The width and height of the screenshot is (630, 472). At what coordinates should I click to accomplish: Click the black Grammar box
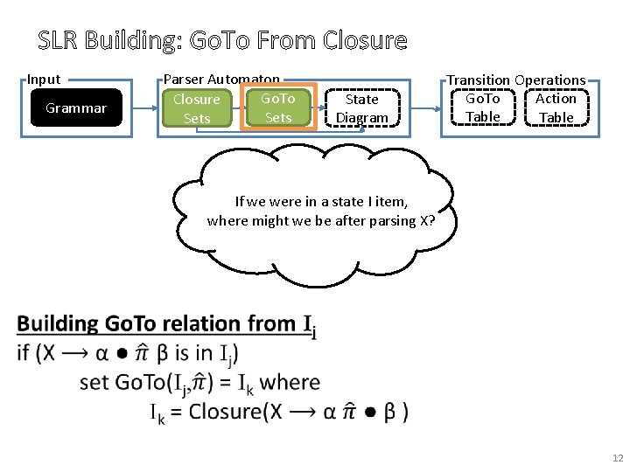pos(76,108)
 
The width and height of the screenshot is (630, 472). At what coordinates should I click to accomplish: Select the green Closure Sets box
pos(197,108)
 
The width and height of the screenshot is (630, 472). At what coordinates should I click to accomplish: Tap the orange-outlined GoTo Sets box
pos(277,108)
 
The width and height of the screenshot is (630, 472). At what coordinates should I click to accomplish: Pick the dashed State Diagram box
pos(361,108)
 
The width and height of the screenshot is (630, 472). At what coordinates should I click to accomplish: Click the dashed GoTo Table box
pos(482,108)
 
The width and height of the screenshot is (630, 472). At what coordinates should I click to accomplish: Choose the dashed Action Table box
pos(556,108)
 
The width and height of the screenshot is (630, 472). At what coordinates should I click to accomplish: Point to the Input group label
pos(44,80)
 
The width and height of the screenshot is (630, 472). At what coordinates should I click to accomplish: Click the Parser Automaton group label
pos(221,80)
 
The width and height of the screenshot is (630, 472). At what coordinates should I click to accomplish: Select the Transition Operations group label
pos(516,80)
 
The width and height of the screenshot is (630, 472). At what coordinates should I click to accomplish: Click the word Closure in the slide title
pos(365,41)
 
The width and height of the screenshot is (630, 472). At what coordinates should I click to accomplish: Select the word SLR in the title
pos(59,41)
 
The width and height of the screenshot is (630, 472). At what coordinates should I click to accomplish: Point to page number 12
pos(618,458)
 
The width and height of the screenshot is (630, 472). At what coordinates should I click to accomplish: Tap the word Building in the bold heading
pos(59,324)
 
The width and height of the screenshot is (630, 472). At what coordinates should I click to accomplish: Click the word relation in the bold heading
pos(202,324)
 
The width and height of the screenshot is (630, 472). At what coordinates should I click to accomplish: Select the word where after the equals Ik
pos(290,382)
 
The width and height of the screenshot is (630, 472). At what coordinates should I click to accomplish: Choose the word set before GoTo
pos(94,382)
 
